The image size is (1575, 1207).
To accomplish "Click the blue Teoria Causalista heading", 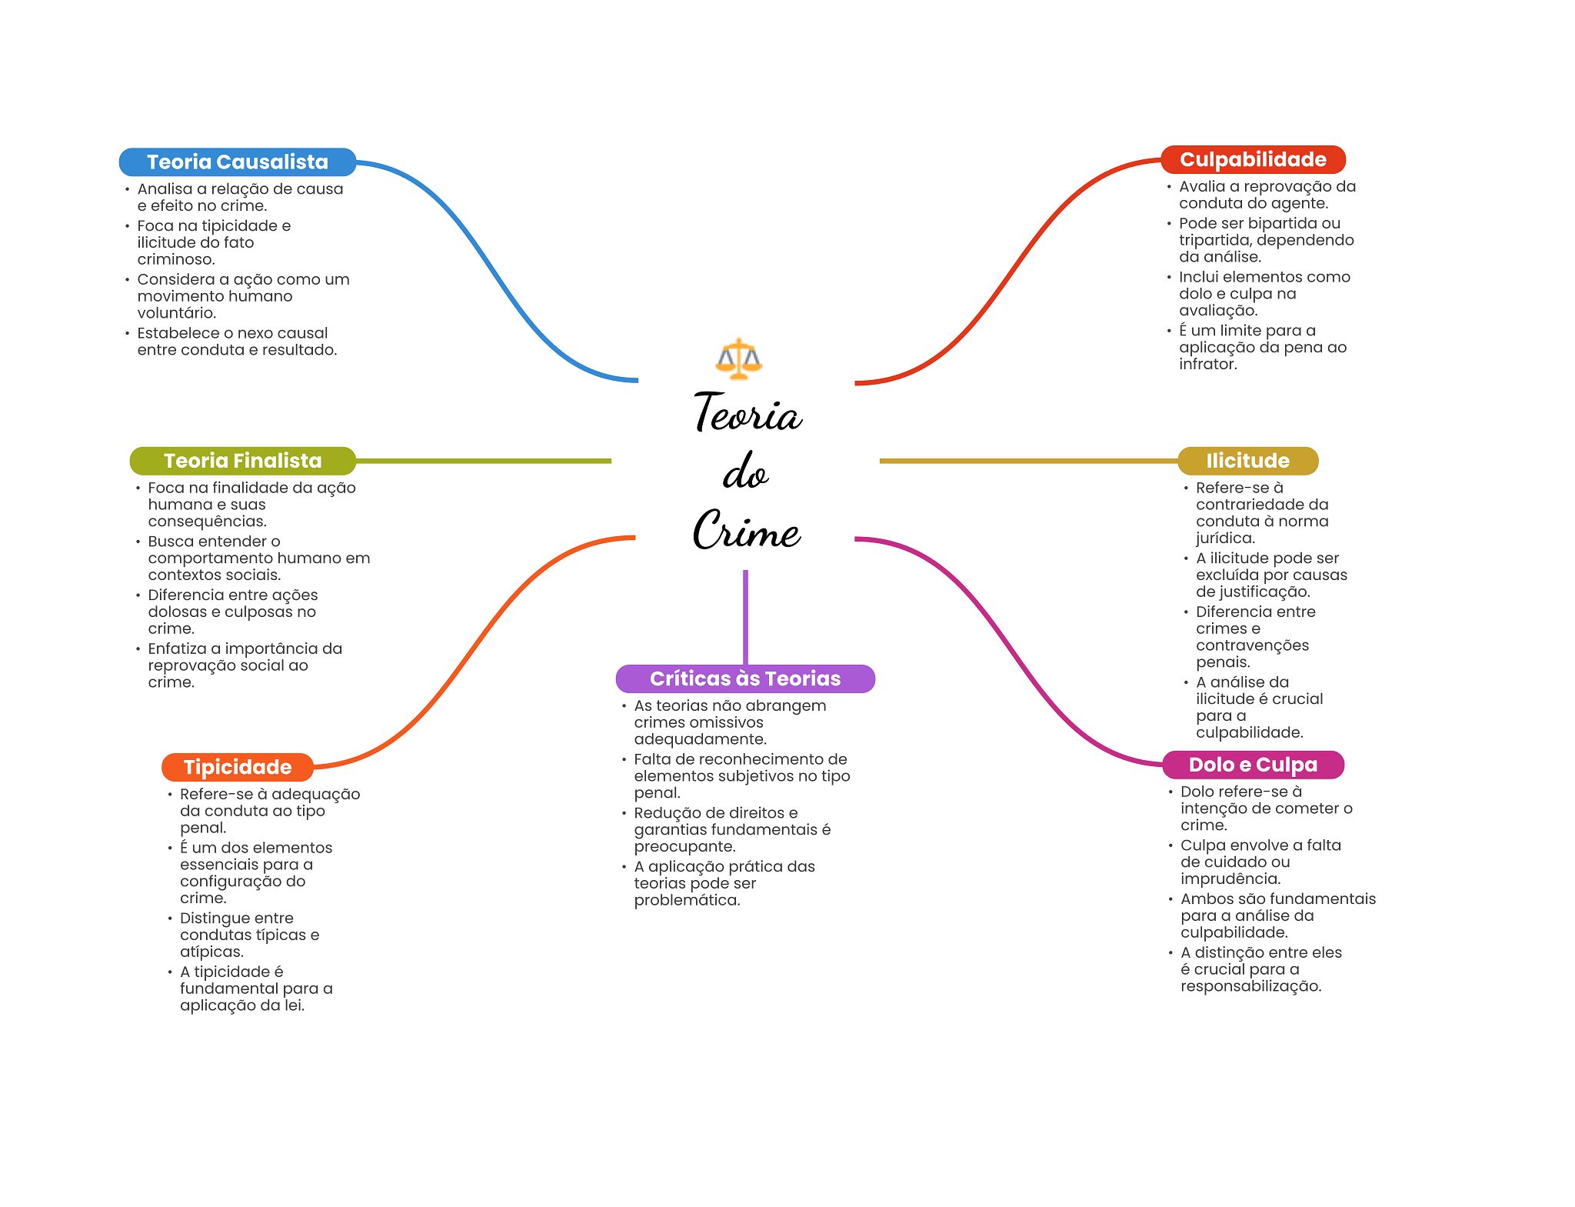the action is coord(238,162).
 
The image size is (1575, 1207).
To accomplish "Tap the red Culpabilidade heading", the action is coord(1253,160).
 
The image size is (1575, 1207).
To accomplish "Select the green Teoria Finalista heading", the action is coord(242,461).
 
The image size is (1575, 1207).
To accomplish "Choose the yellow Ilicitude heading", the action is coord(1247,461).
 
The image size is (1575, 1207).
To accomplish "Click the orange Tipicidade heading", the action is coord(238,767).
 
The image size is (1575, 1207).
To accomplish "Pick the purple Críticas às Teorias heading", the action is coord(745,679).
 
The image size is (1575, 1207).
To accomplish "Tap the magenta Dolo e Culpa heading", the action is coord(1253,765).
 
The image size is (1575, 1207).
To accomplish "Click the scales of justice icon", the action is coord(738,358).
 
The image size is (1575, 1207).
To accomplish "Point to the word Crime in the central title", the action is coord(747,529).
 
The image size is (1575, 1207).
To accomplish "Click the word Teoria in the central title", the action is coord(748,412).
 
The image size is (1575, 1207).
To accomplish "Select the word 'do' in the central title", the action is coord(745,472).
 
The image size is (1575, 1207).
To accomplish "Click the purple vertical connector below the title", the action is coord(745,617).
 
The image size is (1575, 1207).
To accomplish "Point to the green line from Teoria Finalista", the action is coord(484,461).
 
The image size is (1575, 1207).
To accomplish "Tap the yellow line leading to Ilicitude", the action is coord(1029,461).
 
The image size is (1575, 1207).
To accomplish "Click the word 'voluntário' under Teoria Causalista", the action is coord(176,313).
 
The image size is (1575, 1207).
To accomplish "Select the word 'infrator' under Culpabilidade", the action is coord(1207,364).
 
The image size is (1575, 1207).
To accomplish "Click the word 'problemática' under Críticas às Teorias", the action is coord(687,901).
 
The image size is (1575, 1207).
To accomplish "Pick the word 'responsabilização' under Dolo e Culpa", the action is coord(1250,986).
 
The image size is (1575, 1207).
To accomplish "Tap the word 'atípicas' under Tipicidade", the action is coord(211,952).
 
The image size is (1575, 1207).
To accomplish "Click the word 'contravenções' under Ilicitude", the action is coord(1252,645).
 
